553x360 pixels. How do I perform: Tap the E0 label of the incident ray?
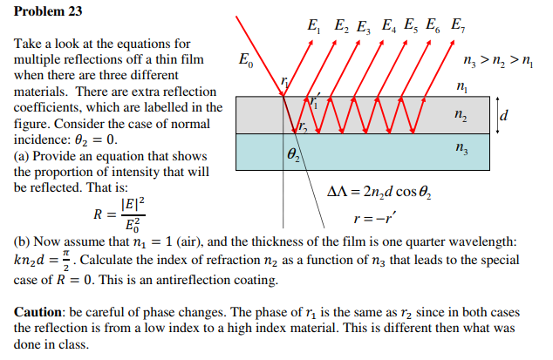(x=248, y=60)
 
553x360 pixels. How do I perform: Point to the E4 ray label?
(x=391, y=25)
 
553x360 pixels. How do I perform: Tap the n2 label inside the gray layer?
(x=461, y=114)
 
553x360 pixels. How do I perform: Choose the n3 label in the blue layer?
(x=461, y=149)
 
